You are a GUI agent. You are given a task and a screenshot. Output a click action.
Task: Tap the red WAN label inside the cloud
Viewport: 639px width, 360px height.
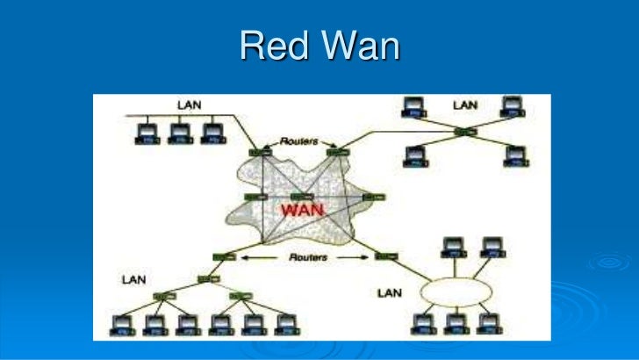[x=300, y=211]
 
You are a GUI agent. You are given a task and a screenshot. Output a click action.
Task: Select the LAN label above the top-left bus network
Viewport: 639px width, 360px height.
[x=189, y=104]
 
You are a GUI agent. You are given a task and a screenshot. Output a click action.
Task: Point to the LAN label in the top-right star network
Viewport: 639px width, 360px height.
[x=465, y=105]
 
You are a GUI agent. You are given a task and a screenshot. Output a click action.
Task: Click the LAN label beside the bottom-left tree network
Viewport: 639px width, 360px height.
[x=133, y=279]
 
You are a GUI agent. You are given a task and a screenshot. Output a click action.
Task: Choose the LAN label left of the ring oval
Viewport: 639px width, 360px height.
[x=389, y=292]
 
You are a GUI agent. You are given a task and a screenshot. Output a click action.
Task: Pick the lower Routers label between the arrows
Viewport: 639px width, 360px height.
[x=307, y=258]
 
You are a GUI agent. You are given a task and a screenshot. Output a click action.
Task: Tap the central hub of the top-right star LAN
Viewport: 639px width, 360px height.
[x=465, y=132]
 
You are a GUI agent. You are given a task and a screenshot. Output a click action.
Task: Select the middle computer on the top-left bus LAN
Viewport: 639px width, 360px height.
[x=179, y=133]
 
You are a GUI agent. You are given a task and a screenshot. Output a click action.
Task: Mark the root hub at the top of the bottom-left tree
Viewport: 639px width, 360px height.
[x=208, y=278]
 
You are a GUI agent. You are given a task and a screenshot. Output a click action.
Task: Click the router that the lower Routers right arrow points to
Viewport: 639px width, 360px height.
[x=383, y=257]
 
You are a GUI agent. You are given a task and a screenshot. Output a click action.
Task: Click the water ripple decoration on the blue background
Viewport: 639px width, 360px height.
[x=606, y=263]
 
